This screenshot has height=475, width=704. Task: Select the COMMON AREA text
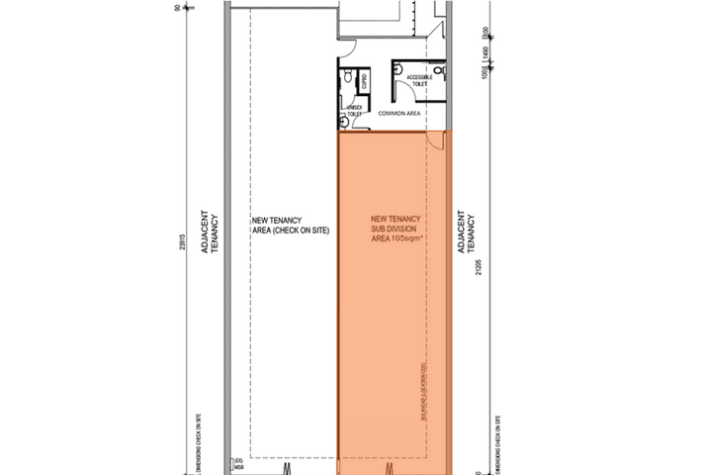[x=400, y=114]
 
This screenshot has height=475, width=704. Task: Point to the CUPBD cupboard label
[x=364, y=80]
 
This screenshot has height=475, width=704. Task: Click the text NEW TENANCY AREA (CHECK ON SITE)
[x=290, y=226]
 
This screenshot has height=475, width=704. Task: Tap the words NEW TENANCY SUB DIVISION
[x=396, y=224]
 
